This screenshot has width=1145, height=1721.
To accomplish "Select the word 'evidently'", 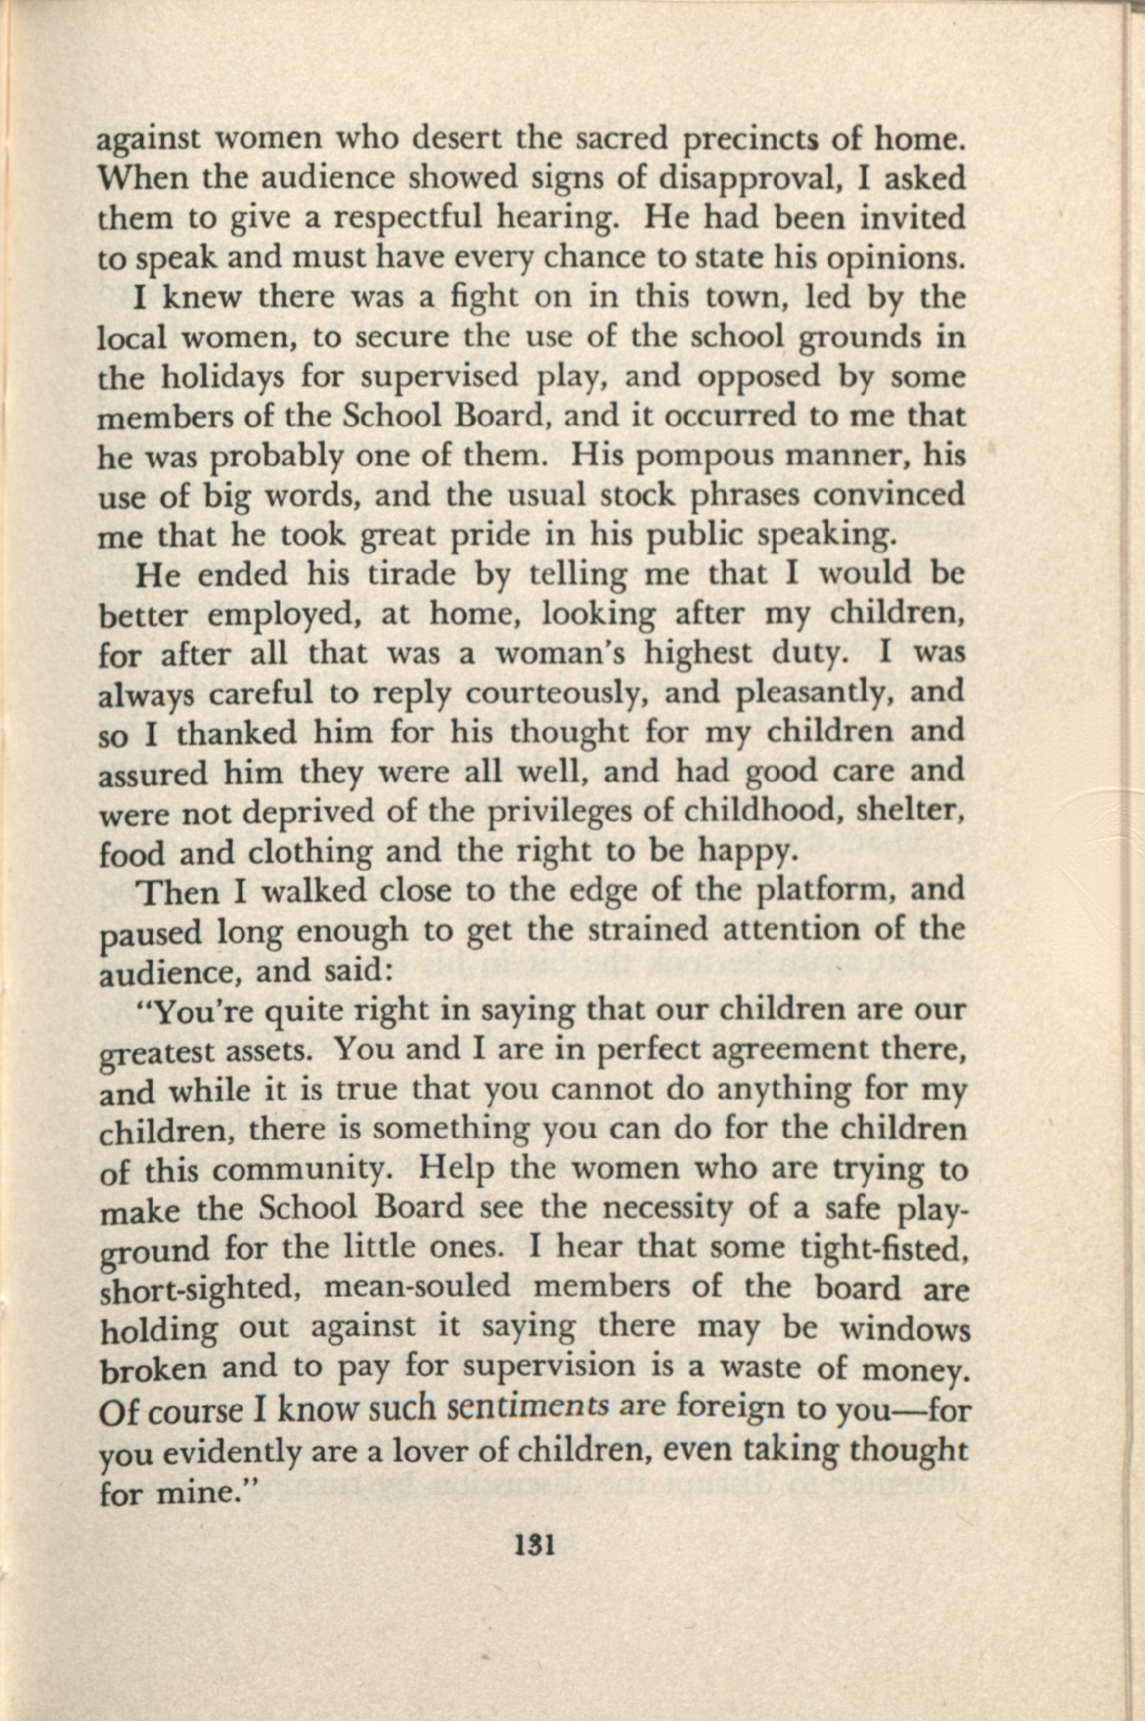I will pos(233,1450).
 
